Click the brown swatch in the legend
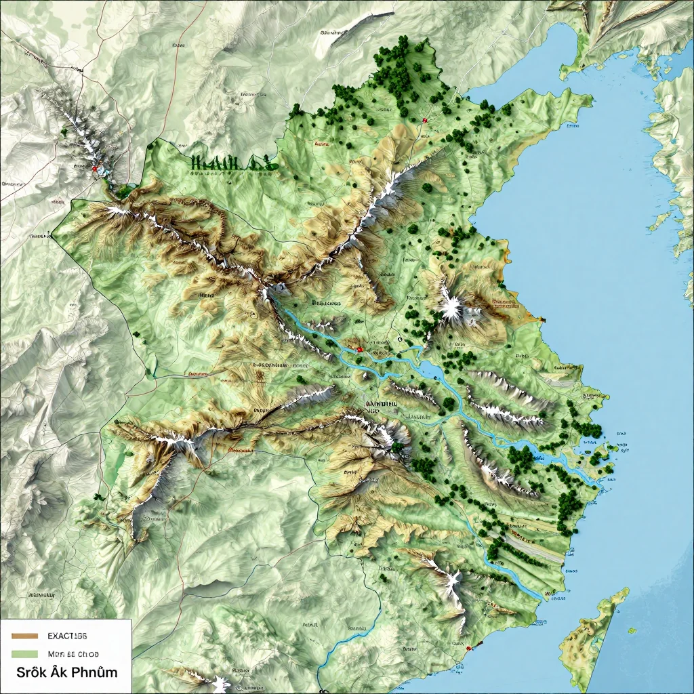click(24, 636)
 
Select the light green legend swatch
click(24, 654)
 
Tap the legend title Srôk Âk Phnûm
click(67, 672)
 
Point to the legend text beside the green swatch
click(73, 654)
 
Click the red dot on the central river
click(359, 350)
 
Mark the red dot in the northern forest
click(424, 121)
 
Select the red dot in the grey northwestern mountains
click(95, 168)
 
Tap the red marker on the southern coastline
click(467, 648)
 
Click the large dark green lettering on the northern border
click(230, 163)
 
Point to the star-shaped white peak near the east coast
click(450, 308)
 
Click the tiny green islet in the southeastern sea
click(632, 631)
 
